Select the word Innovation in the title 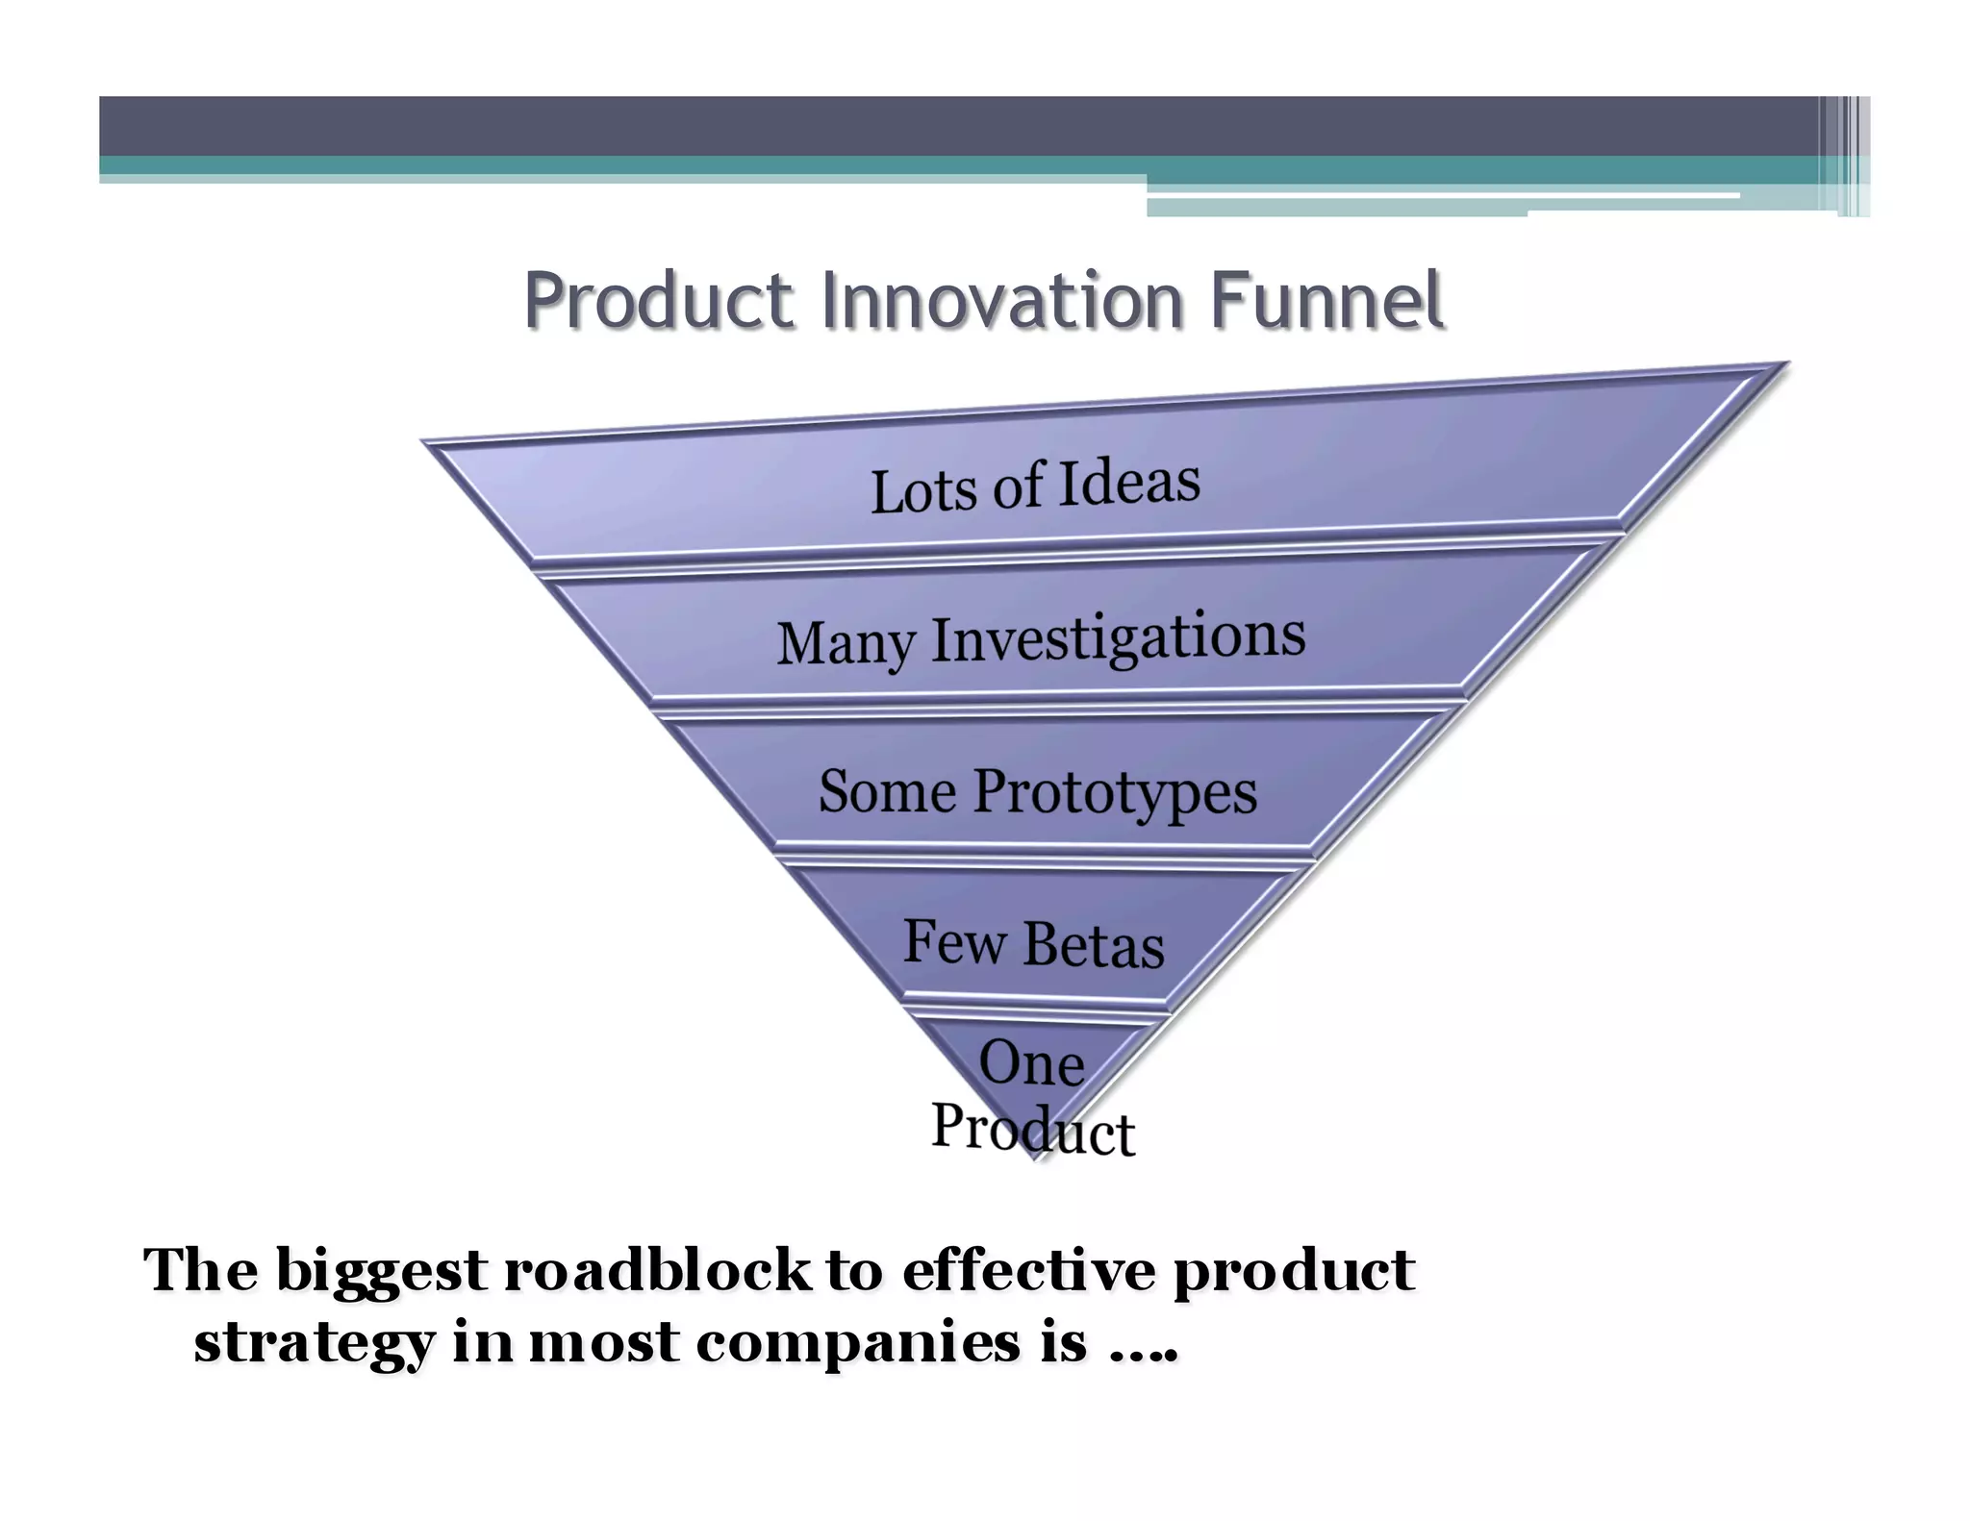(1001, 300)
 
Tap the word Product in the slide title (659, 300)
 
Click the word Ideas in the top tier (1129, 483)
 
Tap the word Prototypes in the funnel (1115, 794)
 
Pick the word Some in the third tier (887, 792)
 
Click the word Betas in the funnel (1094, 945)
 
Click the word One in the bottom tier (1031, 1064)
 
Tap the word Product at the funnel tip (1033, 1129)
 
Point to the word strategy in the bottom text (314, 1343)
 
